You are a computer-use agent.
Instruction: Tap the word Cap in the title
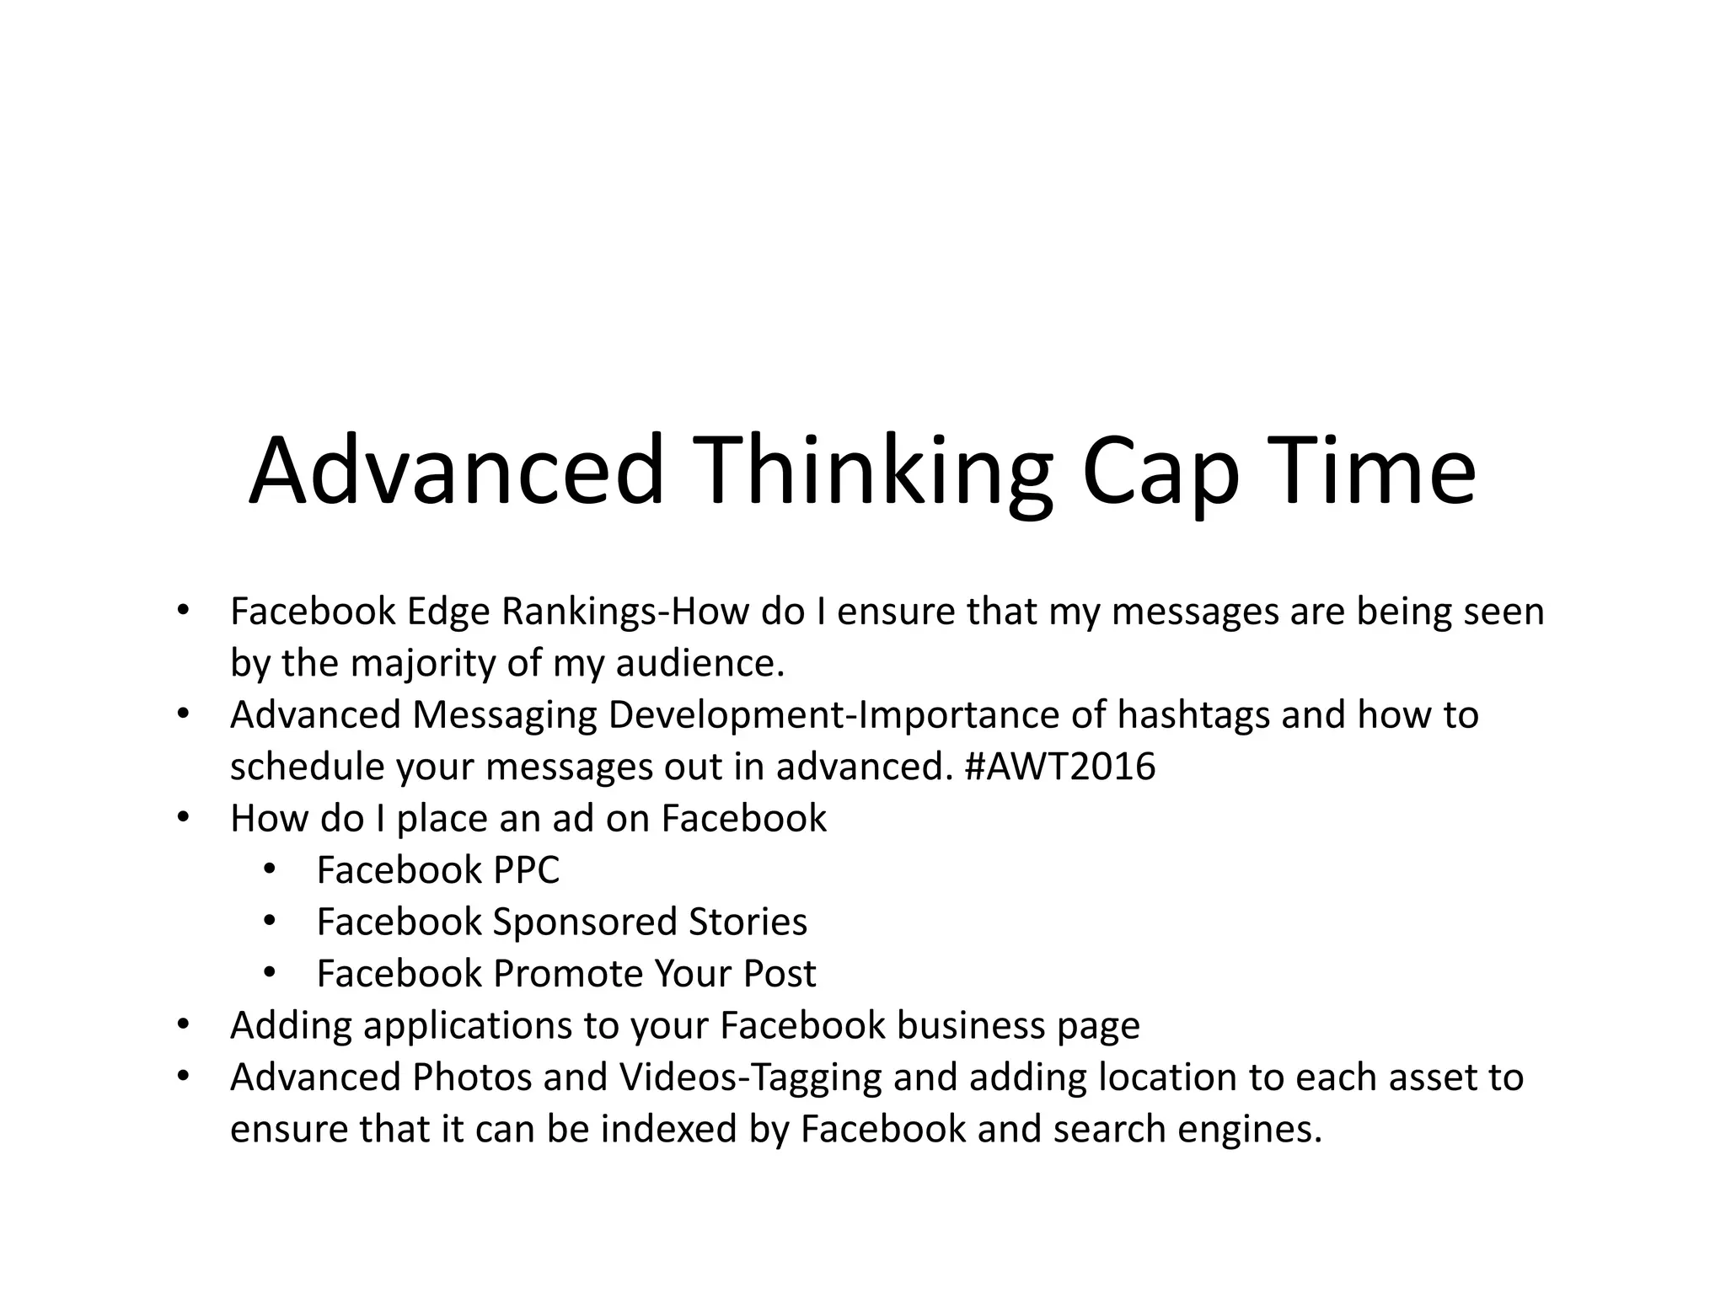(1160, 472)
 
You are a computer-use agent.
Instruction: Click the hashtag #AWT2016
(1059, 767)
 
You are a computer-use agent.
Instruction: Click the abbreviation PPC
(526, 870)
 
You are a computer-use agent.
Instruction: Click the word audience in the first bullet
(700, 664)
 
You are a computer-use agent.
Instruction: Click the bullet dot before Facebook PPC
(269, 869)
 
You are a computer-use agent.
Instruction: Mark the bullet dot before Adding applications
(183, 1024)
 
